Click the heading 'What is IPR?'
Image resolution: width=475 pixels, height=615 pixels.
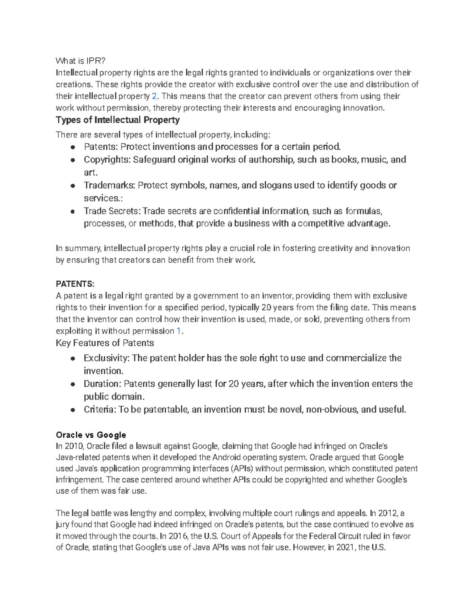tap(81, 61)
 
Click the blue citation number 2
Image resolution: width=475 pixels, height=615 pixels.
tap(154, 96)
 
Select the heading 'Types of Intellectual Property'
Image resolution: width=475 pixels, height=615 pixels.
tap(118, 120)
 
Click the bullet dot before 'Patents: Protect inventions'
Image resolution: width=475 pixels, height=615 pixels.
tap(73, 147)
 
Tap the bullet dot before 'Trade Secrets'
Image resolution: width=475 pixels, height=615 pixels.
tap(73, 211)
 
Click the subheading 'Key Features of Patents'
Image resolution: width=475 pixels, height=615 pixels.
tap(105, 343)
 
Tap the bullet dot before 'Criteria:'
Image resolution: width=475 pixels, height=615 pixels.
tap(73, 410)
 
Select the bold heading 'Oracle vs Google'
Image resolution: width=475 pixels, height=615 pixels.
tap(91, 435)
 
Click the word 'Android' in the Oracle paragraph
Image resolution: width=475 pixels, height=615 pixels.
tap(226, 457)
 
